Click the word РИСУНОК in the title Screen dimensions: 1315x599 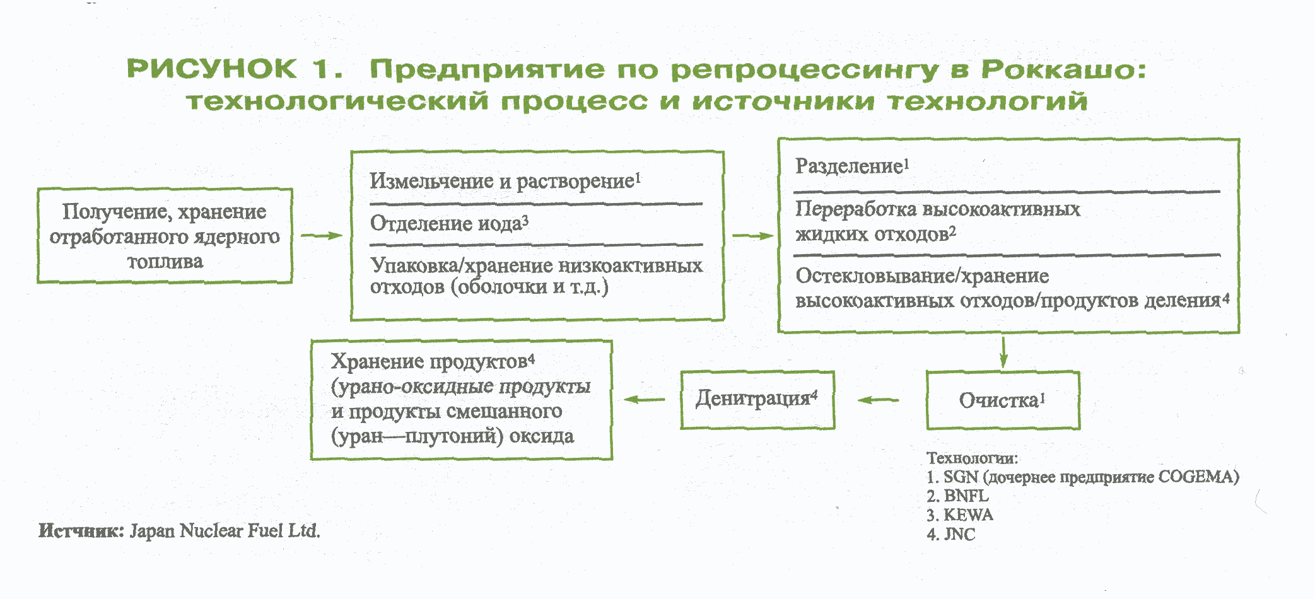[212, 69]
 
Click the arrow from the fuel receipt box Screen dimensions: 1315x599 [322, 236]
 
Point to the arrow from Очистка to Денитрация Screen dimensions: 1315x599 [879, 400]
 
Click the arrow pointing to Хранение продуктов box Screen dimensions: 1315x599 [645, 399]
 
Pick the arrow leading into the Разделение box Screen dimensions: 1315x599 [753, 236]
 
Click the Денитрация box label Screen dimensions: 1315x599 [757, 399]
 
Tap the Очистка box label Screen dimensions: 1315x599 [1002, 400]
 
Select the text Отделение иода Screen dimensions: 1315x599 [449, 223]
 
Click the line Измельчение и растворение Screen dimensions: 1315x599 [505, 182]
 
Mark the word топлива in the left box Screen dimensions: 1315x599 [165, 261]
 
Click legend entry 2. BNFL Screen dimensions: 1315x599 [957, 496]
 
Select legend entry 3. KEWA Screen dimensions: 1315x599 [960, 515]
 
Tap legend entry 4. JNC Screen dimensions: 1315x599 [951, 535]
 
